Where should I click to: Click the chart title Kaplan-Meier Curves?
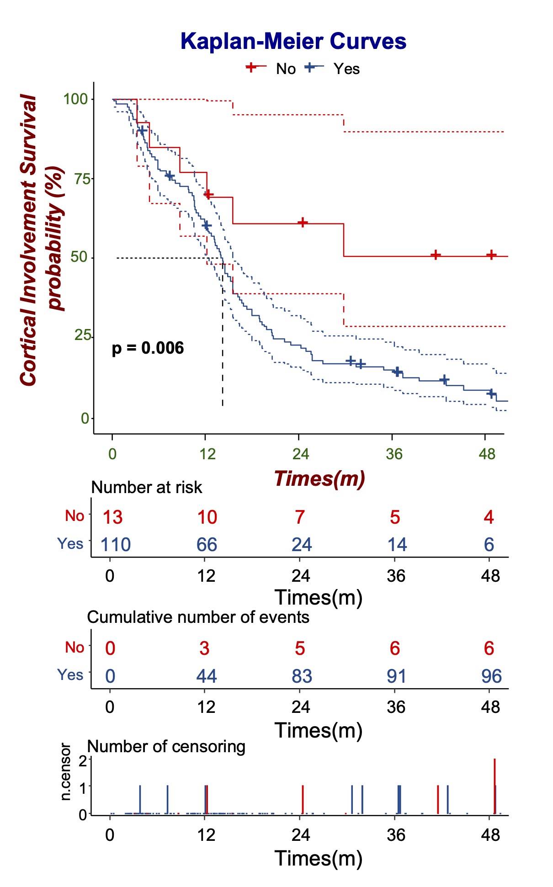point(293,41)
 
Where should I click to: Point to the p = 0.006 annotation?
point(148,348)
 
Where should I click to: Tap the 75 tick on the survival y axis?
point(83,179)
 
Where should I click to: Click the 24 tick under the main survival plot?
point(300,454)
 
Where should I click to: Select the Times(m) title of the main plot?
point(319,478)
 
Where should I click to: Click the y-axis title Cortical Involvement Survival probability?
point(42,240)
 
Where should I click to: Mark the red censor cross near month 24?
point(303,223)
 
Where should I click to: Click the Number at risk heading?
point(146,488)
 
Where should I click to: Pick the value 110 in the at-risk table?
point(116,545)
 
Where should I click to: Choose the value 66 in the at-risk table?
point(207,545)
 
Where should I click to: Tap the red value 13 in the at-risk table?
point(112,517)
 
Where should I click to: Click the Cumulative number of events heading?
point(198,617)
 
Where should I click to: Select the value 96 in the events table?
point(491,676)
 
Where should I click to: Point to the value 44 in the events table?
point(207,676)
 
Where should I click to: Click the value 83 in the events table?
point(302,676)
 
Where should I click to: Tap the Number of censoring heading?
point(166,747)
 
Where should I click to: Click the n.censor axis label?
point(66,772)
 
